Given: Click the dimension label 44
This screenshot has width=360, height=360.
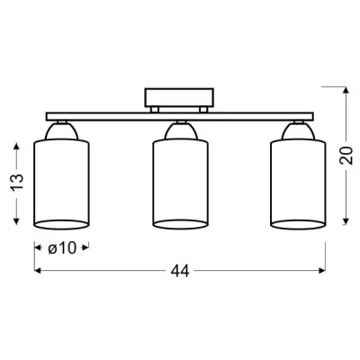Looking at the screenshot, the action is pyautogui.click(x=180, y=271).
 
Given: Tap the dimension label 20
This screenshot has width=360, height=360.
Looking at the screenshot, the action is pyautogui.click(x=346, y=156).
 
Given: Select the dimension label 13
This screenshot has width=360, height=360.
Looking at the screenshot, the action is pyautogui.click(x=17, y=182).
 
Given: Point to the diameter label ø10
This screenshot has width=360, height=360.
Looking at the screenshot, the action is pyautogui.click(x=62, y=248).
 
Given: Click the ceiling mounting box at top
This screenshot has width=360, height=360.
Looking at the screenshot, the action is pyautogui.click(x=179, y=98).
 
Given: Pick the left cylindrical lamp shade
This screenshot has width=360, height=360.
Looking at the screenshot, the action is pyautogui.click(x=61, y=184).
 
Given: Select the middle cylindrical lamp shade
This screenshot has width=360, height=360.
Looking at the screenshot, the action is pyautogui.click(x=180, y=184).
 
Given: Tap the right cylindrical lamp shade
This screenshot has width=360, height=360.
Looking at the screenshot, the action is pyautogui.click(x=298, y=184).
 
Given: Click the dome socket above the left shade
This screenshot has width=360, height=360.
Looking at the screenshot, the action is pyautogui.click(x=61, y=131).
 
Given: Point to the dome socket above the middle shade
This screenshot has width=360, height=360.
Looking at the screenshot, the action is pyautogui.click(x=180, y=131).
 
